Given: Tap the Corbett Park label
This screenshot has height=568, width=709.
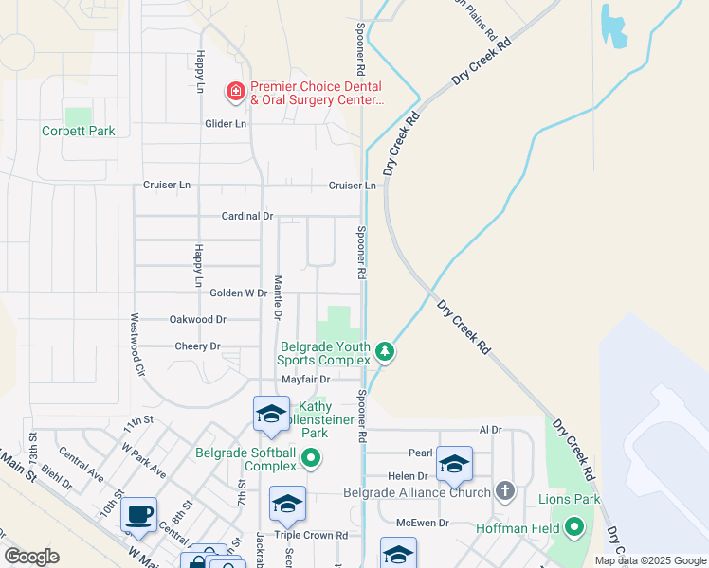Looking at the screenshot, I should (79, 131).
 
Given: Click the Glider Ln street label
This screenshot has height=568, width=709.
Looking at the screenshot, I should (226, 124).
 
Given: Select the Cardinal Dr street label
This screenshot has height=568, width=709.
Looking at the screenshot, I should (246, 216).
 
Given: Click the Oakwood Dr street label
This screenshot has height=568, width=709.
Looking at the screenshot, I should (198, 320).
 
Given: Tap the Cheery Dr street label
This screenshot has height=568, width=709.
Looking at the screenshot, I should (197, 346).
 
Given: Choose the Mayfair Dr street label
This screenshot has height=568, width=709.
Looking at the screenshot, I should (303, 379).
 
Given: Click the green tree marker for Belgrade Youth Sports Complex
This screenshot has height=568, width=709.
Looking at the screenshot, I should (384, 352).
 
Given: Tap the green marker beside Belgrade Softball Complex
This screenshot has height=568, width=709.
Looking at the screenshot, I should (310, 460).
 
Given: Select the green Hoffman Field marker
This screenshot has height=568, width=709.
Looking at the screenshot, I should (574, 526).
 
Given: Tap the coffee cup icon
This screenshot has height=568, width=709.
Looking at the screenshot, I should (138, 514).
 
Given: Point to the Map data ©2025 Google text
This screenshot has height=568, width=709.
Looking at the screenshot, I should (649, 560).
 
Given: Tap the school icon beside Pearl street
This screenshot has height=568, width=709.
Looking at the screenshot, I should (454, 463).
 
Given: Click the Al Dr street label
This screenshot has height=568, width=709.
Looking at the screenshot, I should (490, 430).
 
